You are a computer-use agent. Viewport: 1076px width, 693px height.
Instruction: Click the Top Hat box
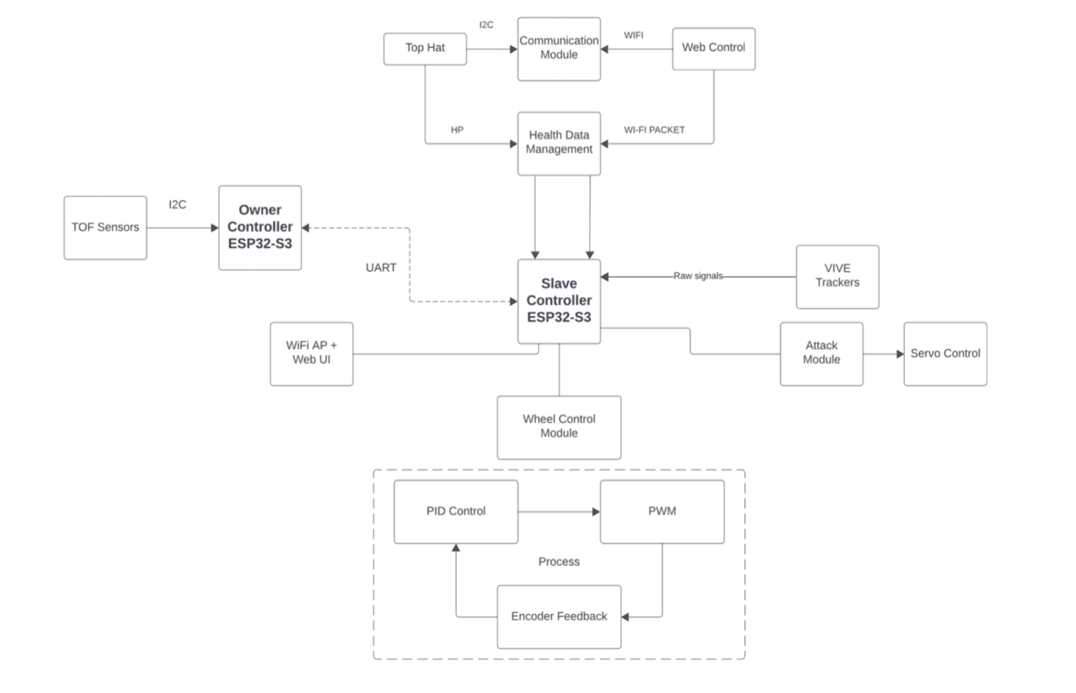[x=425, y=49]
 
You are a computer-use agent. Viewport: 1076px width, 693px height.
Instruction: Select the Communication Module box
[x=559, y=49]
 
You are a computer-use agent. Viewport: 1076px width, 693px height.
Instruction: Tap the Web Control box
[x=714, y=49]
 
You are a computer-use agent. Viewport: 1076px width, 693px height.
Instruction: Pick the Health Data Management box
[x=559, y=144]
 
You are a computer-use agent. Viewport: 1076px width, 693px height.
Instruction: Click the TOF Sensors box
[x=105, y=228]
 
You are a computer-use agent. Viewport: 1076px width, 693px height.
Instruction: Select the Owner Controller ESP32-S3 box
[x=260, y=228]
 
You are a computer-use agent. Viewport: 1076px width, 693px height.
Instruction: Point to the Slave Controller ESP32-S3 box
[x=559, y=301]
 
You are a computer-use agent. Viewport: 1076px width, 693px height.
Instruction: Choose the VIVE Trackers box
[x=838, y=277]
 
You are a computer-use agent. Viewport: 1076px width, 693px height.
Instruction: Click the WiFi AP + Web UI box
[x=312, y=354]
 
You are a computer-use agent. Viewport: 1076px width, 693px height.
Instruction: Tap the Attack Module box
[x=822, y=354]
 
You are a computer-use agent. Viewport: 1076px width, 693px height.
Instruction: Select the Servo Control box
[x=945, y=354]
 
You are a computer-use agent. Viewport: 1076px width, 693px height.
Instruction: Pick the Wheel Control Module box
[x=559, y=428]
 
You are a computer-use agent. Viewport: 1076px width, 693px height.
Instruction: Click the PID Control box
[x=456, y=512]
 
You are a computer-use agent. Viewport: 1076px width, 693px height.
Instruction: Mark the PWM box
[x=662, y=512]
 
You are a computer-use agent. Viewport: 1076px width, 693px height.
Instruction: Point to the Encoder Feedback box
[x=559, y=617]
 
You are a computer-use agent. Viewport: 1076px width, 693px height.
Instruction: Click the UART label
[x=381, y=268]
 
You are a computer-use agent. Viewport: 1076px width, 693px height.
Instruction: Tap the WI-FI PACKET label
[x=654, y=130]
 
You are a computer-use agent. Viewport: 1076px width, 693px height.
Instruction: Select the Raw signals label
[x=698, y=276]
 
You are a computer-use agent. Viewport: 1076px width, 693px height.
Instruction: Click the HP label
[x=457, y=130]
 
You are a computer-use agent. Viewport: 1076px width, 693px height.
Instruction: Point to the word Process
[x=559, y=562]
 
